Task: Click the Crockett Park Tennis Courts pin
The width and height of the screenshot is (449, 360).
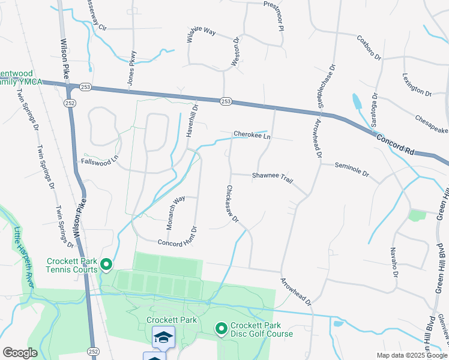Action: click(107, 264)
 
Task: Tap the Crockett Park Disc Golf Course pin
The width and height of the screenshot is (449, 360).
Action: click(221, 328)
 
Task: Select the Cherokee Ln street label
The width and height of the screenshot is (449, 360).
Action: click(252, 136)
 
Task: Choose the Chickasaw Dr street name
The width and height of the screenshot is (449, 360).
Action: click(233, 204)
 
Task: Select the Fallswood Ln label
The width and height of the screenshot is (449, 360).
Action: click(101, 162)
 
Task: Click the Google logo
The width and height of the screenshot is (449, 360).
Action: click(20, 353)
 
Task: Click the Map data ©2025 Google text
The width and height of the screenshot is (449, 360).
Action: click(412, 355)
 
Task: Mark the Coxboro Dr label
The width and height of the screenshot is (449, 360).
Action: click(369, 48)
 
